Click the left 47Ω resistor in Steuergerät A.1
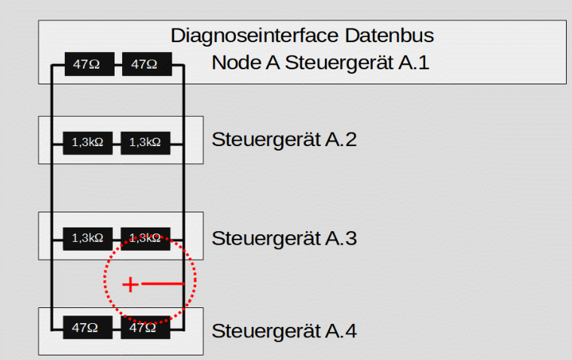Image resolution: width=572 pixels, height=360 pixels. [87, 65]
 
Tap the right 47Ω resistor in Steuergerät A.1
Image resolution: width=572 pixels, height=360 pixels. [145, 65]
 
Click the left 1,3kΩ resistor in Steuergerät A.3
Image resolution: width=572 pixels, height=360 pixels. [87, 237]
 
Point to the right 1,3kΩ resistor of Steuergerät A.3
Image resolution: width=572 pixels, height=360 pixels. [145, 237]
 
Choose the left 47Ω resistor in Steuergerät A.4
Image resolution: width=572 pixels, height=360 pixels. [87, 328]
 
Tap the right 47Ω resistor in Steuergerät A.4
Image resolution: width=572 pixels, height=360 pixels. [145, 328]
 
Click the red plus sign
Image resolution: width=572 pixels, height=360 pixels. [130, 285]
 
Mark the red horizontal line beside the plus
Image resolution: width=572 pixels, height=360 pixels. [163, 284]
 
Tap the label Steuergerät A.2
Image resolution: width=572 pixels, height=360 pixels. [284, 140]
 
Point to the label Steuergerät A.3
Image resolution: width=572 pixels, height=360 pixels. [284, 239]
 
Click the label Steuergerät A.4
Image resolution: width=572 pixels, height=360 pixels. [284, 331]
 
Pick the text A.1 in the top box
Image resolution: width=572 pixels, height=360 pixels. [413, 63]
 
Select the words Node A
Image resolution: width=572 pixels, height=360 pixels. [246, 63]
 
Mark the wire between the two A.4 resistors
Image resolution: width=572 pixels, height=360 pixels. [116, 328]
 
